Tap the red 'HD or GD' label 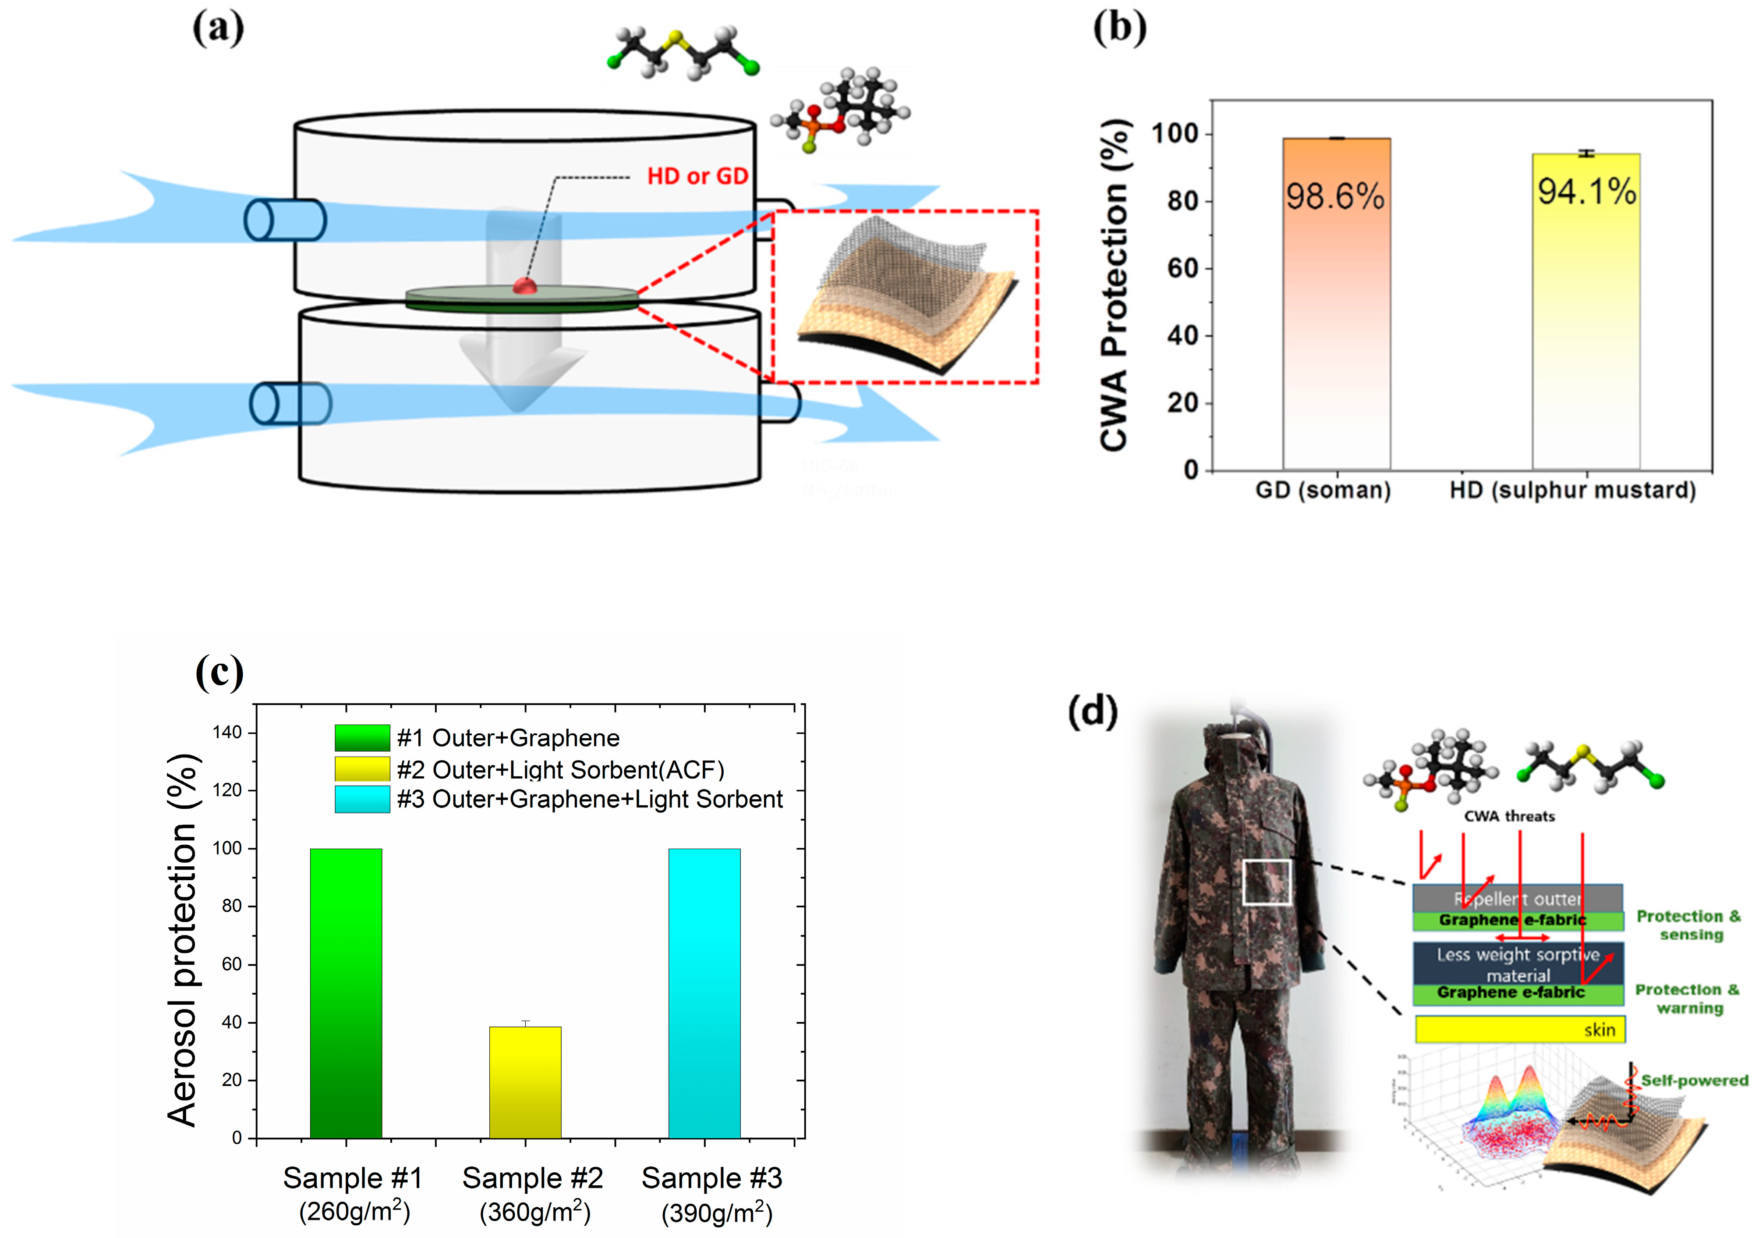coord(697,177)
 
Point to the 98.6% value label coord(1334,196)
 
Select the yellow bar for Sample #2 coord(525,1082)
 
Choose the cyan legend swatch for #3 coord(362,799)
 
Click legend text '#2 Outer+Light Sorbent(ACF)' coord(560,769)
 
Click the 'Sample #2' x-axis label coord(533,1178)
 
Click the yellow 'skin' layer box coord(1520,1029)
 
